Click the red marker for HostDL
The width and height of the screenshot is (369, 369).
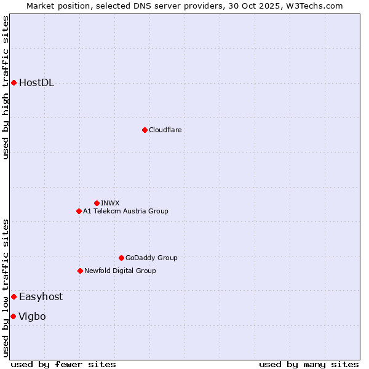coord(14,83)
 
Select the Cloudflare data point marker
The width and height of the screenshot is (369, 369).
coord(145,130)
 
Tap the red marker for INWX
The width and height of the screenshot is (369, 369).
coord(97,203)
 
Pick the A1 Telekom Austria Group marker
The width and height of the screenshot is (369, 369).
coord(79,211)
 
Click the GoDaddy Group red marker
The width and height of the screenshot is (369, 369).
coord(121,258)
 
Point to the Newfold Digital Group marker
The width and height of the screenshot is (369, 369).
coord(80,271)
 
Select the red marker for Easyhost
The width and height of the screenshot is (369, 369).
coord(14,296)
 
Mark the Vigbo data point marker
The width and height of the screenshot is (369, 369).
coord(13,316)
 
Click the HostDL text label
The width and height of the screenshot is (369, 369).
coord(36,83)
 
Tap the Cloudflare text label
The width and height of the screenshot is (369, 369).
coord(165,130)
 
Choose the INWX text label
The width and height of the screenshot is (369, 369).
coord(110,203)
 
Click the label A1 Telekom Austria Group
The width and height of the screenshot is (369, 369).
coord(125,211)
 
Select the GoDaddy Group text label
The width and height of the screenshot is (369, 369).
coord(151,258)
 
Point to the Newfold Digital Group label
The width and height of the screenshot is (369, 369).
coord(120,271)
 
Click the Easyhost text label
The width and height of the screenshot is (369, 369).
coord(41,296)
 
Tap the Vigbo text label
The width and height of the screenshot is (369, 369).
coord(32,316)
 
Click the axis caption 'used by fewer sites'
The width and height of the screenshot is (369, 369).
coord(63,364)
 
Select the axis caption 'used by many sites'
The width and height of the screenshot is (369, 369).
coord(309,364)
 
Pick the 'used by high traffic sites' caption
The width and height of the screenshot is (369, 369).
coord(6,87)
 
